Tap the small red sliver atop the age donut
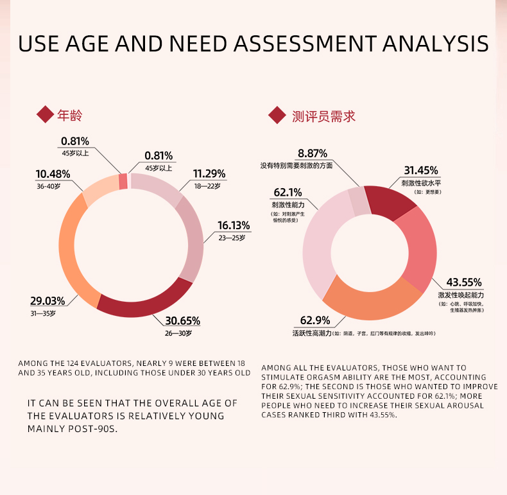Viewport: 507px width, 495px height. [123, 182]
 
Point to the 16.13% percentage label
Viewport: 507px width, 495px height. [234, 225]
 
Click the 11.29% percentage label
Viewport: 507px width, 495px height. [209, 173]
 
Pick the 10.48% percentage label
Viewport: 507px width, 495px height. [53, 174]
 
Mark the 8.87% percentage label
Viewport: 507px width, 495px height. [313, 153]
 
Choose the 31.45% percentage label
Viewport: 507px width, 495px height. [421, 170]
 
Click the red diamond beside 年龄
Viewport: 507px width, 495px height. [45, 116]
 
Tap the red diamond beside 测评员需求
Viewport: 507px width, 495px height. [277, 116]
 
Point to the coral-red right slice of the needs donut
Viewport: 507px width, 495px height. [420, 250]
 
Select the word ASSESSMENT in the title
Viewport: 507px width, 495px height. [305, 44]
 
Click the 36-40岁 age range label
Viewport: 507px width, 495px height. [48, 186]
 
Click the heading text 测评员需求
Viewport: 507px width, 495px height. [323, 116]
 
